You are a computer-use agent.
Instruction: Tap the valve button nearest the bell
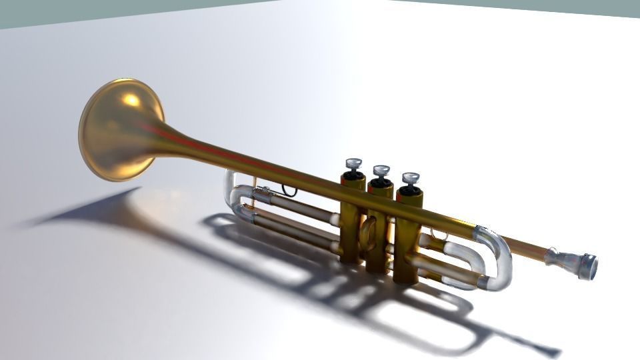(x=353, y=163)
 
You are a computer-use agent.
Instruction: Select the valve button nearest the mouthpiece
(x=410, y=178)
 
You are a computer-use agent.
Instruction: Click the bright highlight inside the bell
(x=132, y=100)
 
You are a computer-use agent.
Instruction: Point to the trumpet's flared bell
(x=120, y=130)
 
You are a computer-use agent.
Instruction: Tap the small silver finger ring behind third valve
(x=437, y=234)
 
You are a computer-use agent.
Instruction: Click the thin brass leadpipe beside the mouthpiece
(x=527, y=247)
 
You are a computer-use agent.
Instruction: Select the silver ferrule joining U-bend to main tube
(x=481, y=233)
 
